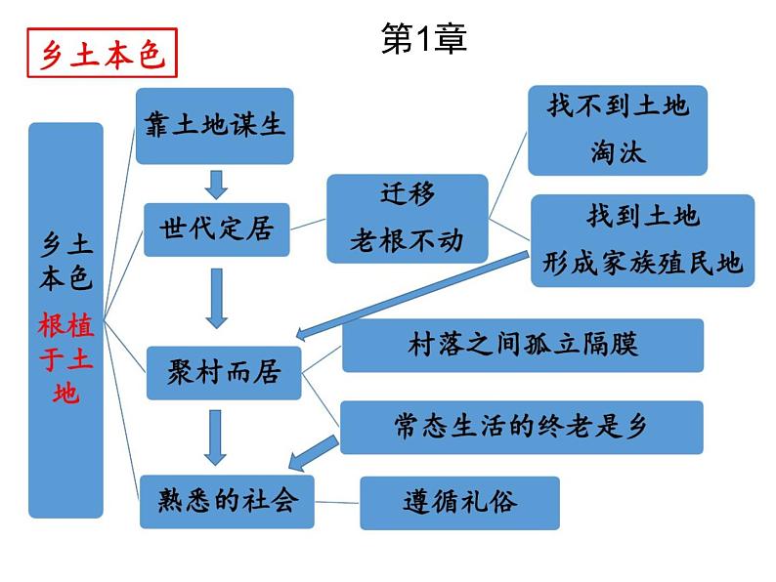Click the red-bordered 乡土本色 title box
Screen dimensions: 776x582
point(102,53)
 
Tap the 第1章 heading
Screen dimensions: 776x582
point(424,38)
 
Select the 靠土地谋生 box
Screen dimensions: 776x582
point(214,126)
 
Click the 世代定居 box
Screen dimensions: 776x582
point(216,229)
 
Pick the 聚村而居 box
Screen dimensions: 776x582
point(224,373)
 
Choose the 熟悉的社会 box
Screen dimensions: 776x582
point(227,501)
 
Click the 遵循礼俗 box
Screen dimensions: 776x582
point(459,503)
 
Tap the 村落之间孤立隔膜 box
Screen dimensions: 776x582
point(523,345)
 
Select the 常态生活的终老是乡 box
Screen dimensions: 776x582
point(521,428)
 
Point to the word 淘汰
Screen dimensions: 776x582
point(618,151)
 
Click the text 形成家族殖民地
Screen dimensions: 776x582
point(642,262)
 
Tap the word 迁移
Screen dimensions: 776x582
point(408,193)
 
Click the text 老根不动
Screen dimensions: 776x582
point(407,241)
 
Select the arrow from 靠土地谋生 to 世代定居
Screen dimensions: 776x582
point(216,185)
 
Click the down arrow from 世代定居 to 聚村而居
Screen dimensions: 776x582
point(216,299)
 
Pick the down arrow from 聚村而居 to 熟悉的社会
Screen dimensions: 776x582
point(215,437)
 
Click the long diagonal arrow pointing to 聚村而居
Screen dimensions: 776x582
point(412,296)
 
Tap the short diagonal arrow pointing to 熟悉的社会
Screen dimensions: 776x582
point(314,453)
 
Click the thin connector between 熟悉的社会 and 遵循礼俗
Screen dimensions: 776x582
point(337,502)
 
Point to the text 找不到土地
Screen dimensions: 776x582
point(618,105)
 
